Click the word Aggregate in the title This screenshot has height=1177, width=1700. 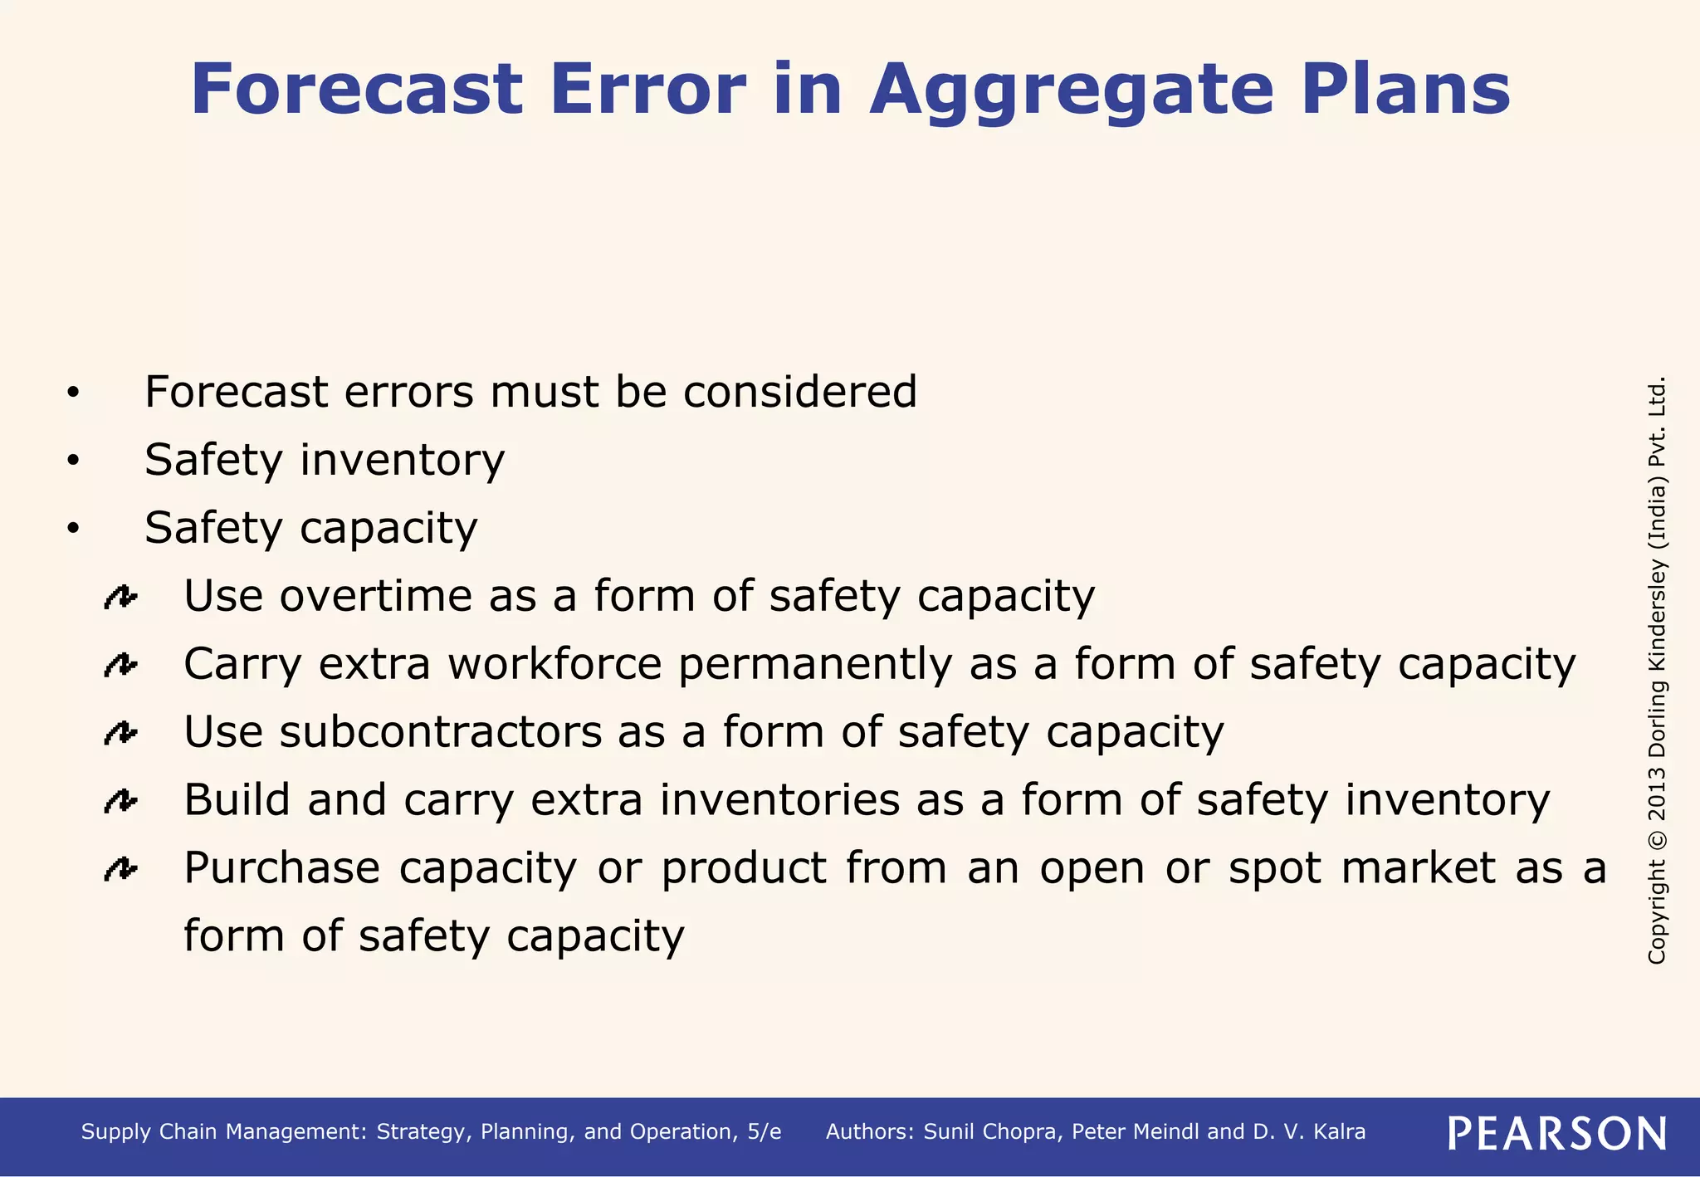point(1071,91)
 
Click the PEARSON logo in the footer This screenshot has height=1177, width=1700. point(1557,1133)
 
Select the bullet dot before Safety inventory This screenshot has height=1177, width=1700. point(73,461)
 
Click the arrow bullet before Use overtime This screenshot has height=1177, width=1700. point(120,597)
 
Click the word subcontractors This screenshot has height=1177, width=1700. point(440,732)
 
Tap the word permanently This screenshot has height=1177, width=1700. point(814,664)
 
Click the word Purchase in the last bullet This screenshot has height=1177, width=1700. point(281,868)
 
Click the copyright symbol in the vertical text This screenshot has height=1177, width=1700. point(1657,839)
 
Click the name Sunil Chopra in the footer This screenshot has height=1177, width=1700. point(991,1132)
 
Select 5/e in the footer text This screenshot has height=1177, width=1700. point(764,1132)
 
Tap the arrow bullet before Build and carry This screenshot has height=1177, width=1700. point(120,801)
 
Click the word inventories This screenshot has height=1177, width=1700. point(779,800)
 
